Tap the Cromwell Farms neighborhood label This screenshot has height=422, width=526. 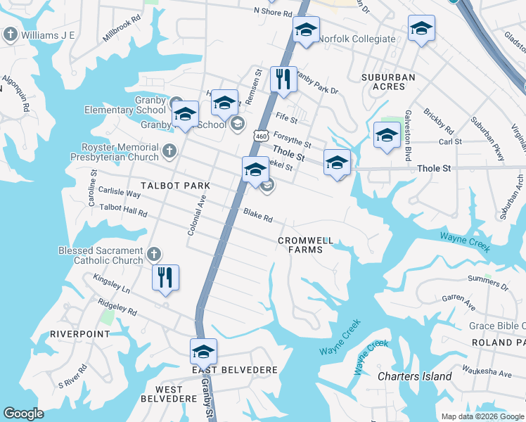(304, 245)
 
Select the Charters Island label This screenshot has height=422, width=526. (415, 376)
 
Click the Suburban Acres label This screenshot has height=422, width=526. (388, 82)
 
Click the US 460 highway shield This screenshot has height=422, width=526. (261, 135)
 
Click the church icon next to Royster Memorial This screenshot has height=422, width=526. (169, 151)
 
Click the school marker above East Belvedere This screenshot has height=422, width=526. (203, 350)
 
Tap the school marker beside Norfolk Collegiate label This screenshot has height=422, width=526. (306, 30)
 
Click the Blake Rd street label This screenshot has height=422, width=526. (257, 216)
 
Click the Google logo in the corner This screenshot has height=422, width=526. (24, 414)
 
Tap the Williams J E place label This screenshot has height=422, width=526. (47, 34)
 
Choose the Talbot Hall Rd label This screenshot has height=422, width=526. (123, 210)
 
